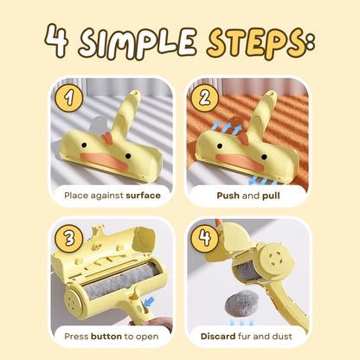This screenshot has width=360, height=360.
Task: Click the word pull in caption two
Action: (270, 195)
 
